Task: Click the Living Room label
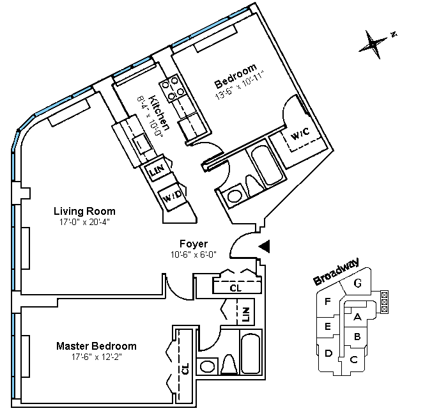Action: pos(84,211)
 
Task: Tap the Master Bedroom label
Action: pos(96,346)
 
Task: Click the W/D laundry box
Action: pos(173,195)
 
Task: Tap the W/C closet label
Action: pos(301,136)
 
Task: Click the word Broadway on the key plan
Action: pos(335,271)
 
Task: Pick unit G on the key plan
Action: pos(358,283)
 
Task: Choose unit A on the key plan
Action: pos(357,316)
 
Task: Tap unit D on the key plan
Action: pos(328,352)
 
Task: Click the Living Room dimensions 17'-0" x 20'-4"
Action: pos(84,222)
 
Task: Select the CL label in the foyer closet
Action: pos(236,288)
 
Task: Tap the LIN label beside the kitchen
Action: pos(156,171)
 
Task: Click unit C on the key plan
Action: pos(353,360)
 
